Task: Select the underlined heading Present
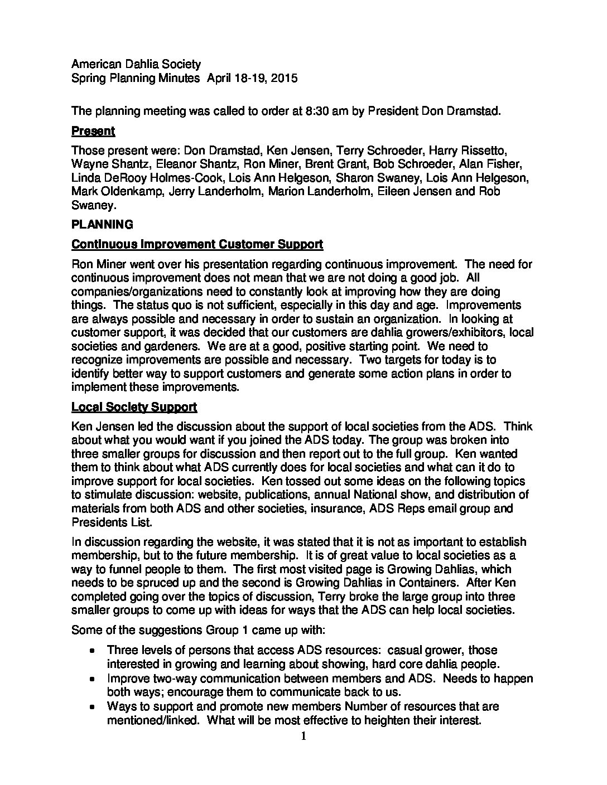pos(93,131)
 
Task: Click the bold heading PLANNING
pos(102,225)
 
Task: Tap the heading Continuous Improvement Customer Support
pos(197,244)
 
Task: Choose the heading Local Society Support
pos(134,407)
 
